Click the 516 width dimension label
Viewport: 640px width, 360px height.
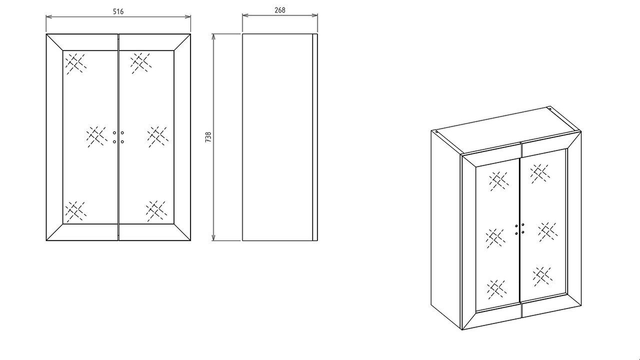(x=118, y=11)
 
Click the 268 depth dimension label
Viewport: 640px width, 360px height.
(x=279, y=10)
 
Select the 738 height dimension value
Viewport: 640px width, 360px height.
(x=208, y=137)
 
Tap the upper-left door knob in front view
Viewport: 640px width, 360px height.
(x=114, y=133)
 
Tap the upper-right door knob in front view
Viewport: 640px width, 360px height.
(x=122, y=133)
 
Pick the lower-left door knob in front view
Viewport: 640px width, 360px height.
(x=114, y=141)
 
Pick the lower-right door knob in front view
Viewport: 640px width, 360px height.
(x=122, y=141)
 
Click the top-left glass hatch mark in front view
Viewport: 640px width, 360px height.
(x=75, y=63)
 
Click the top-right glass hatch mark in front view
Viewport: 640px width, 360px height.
(x=141, y=63)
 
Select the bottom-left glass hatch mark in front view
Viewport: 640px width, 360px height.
(x=75, y=211)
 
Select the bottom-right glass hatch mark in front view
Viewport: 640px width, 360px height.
(x=156, y=211)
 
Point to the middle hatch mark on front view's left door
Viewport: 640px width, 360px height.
(x=97, y=137)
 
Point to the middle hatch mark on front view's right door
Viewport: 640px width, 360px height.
(x=157, y=137)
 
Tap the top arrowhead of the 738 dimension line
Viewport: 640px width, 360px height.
(x=213, y=37)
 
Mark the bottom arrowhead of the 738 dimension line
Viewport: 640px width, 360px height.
(x=213, y=237)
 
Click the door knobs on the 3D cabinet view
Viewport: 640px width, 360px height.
(x=519, y=229)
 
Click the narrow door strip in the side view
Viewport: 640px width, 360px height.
(x=315, y=137)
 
